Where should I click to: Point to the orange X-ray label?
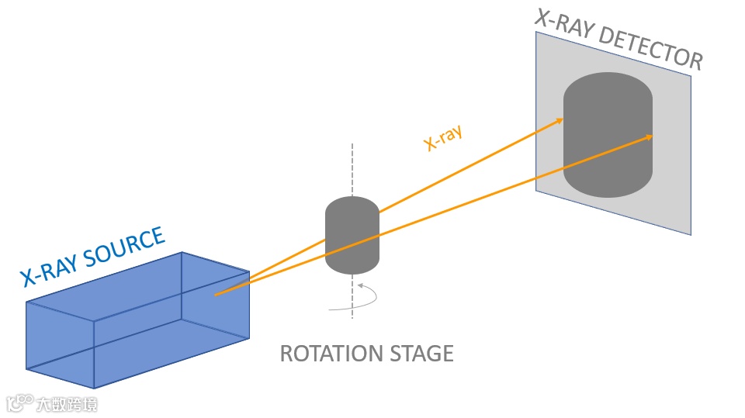tap(443, 137)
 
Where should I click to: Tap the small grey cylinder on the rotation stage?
tap(352, 237)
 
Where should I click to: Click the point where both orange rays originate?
tap(216, 295)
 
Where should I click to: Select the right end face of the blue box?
tap(216, 299)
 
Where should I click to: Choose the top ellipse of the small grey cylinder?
tap(352, 208)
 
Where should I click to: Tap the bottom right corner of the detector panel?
tap(689, 233)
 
